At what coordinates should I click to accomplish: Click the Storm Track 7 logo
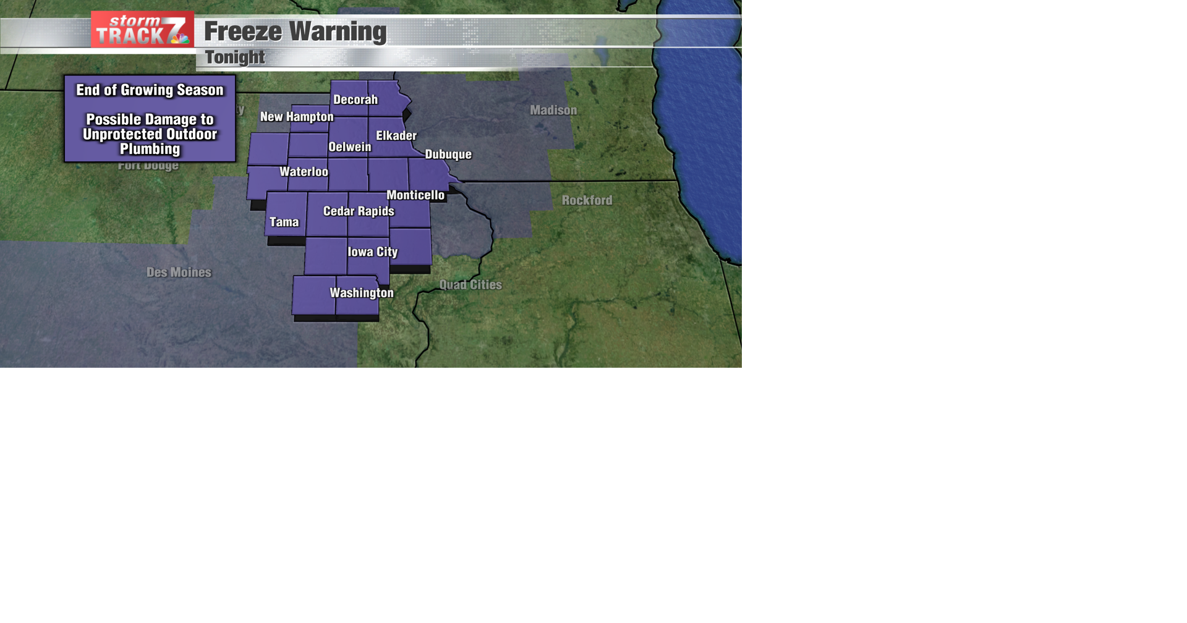pos(142,30)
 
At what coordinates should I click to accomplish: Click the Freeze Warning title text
pos(295,32)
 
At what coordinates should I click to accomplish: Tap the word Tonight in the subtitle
pos(235,57)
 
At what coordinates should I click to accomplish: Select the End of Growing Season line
pos(150,90)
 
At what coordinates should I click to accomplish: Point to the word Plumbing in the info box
pos(150,149)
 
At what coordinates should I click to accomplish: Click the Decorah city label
pos(355,100)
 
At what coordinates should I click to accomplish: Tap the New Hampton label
pos(297,117)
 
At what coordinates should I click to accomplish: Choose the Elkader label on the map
pos(396,135)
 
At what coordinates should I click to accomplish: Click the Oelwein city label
pos(350,147)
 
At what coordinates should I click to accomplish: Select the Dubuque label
pos(448,155)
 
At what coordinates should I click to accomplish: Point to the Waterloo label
pos(304,172)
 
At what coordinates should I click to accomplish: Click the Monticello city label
pos(415,195)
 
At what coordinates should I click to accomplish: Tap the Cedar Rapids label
pos(359,211)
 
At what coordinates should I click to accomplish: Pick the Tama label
pos(284,222)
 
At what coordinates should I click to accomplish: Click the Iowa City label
pos(373,252)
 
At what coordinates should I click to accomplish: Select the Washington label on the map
pos(362,293)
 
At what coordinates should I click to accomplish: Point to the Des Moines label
pos(179,272)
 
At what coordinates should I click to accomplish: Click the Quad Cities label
pos(470,285)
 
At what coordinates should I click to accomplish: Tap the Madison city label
pos(553,110)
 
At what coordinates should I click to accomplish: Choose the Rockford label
pos(587,200)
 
